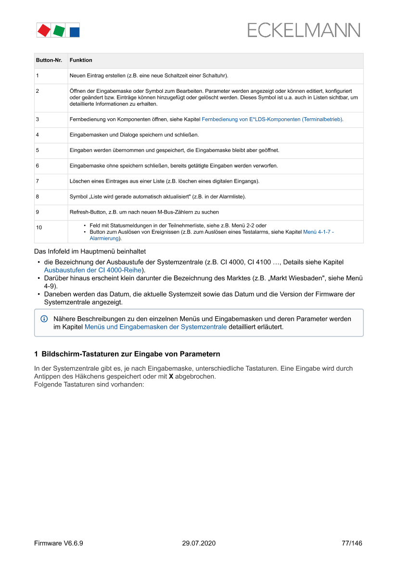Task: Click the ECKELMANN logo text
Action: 304,30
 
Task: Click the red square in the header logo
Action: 44,30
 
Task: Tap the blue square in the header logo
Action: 75,32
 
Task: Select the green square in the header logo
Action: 59,31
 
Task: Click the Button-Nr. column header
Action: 49,60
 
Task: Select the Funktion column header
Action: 81,60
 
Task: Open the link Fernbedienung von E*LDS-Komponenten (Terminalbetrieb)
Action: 272,119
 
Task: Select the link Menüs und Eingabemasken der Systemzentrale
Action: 155,327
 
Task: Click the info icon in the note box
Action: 44,319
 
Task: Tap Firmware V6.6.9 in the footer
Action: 59,543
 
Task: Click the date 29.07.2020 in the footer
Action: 199,543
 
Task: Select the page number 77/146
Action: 352,543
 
